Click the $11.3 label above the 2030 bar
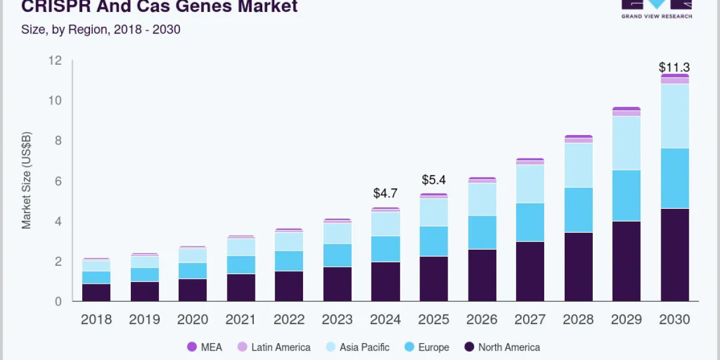(674, 67)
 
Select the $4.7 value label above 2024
(385, 193)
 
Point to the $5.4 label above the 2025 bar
(434, 179)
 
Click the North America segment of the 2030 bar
(674, 255)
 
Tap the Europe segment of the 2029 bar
(626, 196)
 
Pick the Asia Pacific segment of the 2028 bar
(578, 165)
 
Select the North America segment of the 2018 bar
(96, 292)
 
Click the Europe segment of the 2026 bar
(482, 232)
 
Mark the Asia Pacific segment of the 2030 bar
(674, 116)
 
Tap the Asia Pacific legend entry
(356, 347)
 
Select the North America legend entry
(502, 347)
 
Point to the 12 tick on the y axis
(55, 60)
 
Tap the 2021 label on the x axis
(241, 320)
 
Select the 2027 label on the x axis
(530, 320)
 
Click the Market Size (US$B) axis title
(26, 180)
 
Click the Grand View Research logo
(656, 9)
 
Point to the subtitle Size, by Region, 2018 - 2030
(101, 29)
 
